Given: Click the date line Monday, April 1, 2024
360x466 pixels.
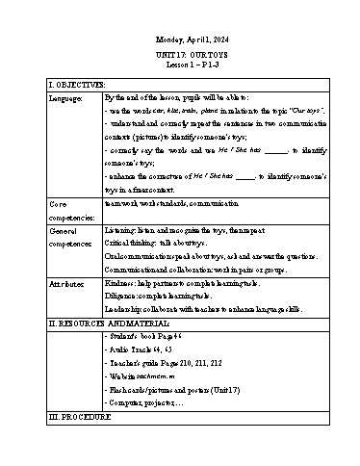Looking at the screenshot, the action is (181, 39).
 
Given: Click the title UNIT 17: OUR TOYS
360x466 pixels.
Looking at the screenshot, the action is (181, 55).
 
